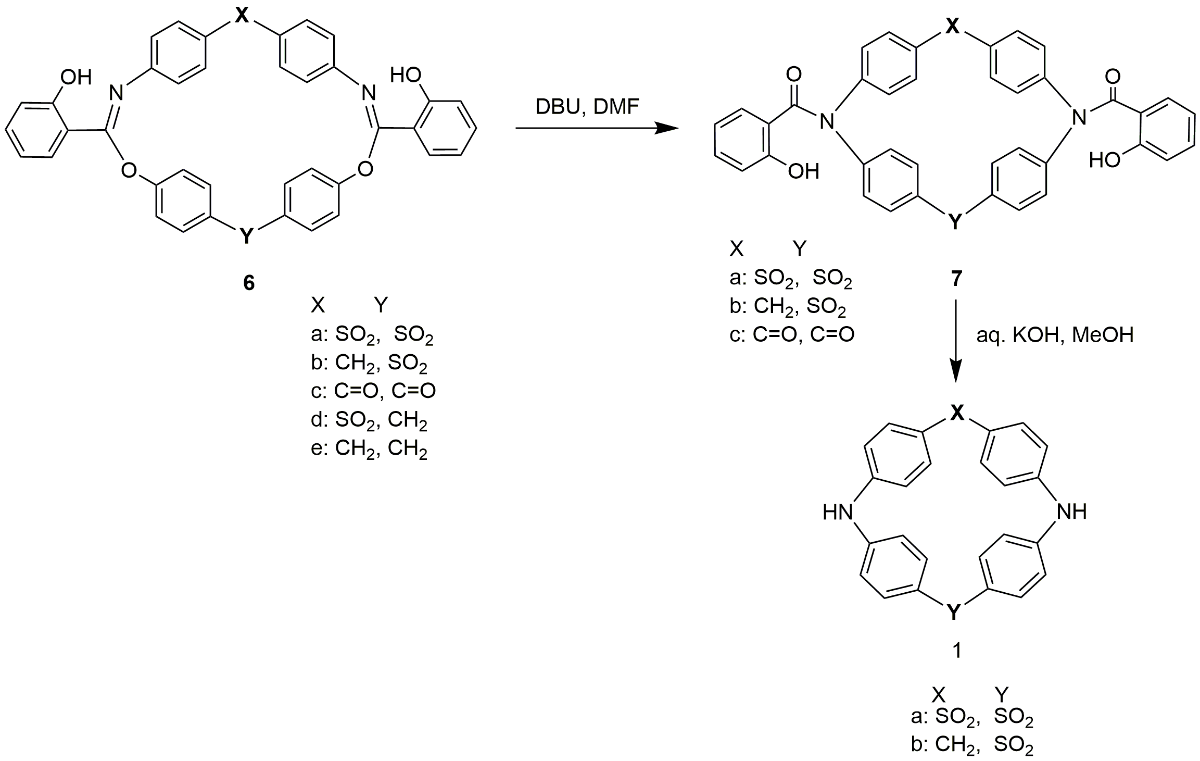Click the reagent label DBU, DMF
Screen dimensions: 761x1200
coord(587,108)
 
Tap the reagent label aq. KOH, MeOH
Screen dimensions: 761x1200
coord(1055,335)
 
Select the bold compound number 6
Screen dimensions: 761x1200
coord(249,283)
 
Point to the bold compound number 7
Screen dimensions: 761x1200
coord(956,280)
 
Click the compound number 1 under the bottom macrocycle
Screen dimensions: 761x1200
coord(956,651)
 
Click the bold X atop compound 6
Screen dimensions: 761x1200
coord(241,16)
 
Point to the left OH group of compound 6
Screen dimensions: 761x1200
coord(75,77)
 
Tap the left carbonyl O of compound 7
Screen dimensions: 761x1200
coord(793,75)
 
